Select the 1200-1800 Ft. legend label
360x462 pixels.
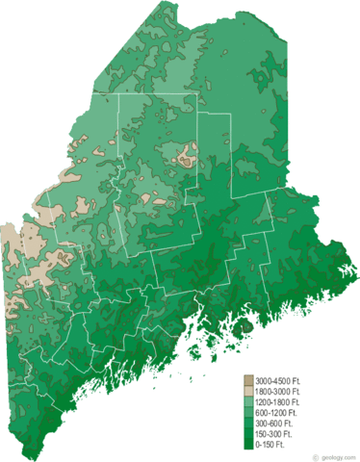point(278,403)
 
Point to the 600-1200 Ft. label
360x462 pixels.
point(277,414)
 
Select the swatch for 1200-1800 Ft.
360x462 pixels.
point(247,403)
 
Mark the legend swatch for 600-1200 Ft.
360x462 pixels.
point(247,414)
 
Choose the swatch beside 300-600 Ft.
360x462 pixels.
point(247,424)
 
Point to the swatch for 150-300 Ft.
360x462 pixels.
point(247,435)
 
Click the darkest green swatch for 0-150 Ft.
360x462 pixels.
point(247,446)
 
